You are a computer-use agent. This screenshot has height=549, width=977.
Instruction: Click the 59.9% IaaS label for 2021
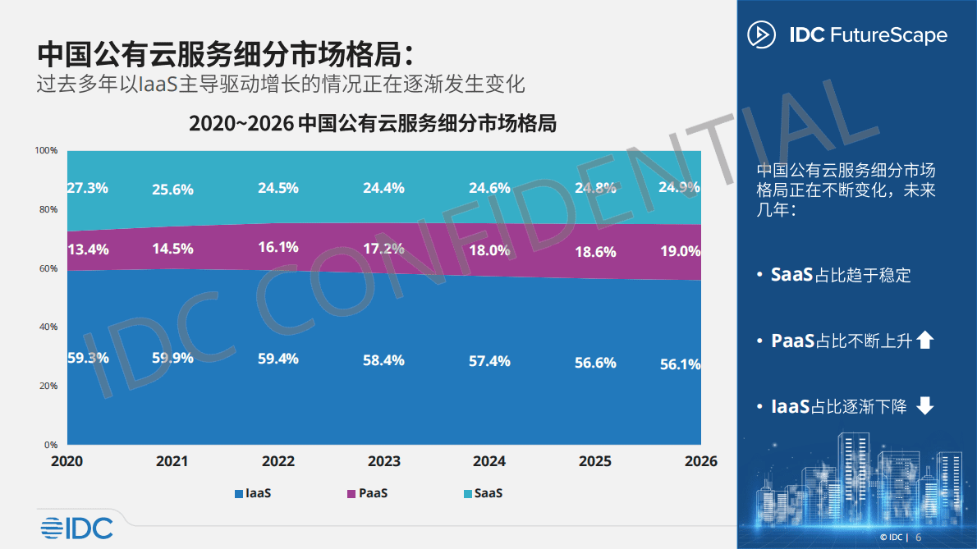click(x=172, y=358)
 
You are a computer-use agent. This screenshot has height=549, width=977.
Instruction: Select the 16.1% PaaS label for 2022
click(x=278, y=247)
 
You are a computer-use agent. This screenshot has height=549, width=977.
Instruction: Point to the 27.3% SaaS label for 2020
click(x=87, y=187)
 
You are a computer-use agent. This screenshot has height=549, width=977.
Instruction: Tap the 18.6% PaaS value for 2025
click(x=595, y=252)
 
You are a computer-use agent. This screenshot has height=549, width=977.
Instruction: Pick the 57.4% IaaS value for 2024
click(x=489, y=361)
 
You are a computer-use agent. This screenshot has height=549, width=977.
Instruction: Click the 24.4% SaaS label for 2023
click(x=383, y=188)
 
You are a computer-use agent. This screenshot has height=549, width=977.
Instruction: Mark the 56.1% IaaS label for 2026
click(x=680, y=364)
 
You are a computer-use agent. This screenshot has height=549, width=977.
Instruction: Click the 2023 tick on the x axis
click(x=383, y=461)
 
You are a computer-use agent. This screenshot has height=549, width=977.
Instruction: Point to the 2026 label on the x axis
click(x=700, y=461)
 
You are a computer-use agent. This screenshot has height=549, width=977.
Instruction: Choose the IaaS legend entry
click(x=253, y=493)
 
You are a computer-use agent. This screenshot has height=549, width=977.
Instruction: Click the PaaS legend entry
click(x=366, y=493)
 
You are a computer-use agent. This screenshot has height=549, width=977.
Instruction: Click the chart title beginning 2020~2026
click(x=373, y=124)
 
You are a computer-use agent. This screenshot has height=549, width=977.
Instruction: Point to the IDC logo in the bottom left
click(x=77, y=528)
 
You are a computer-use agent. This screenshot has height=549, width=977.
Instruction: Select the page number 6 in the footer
click(x=919, y=537)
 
